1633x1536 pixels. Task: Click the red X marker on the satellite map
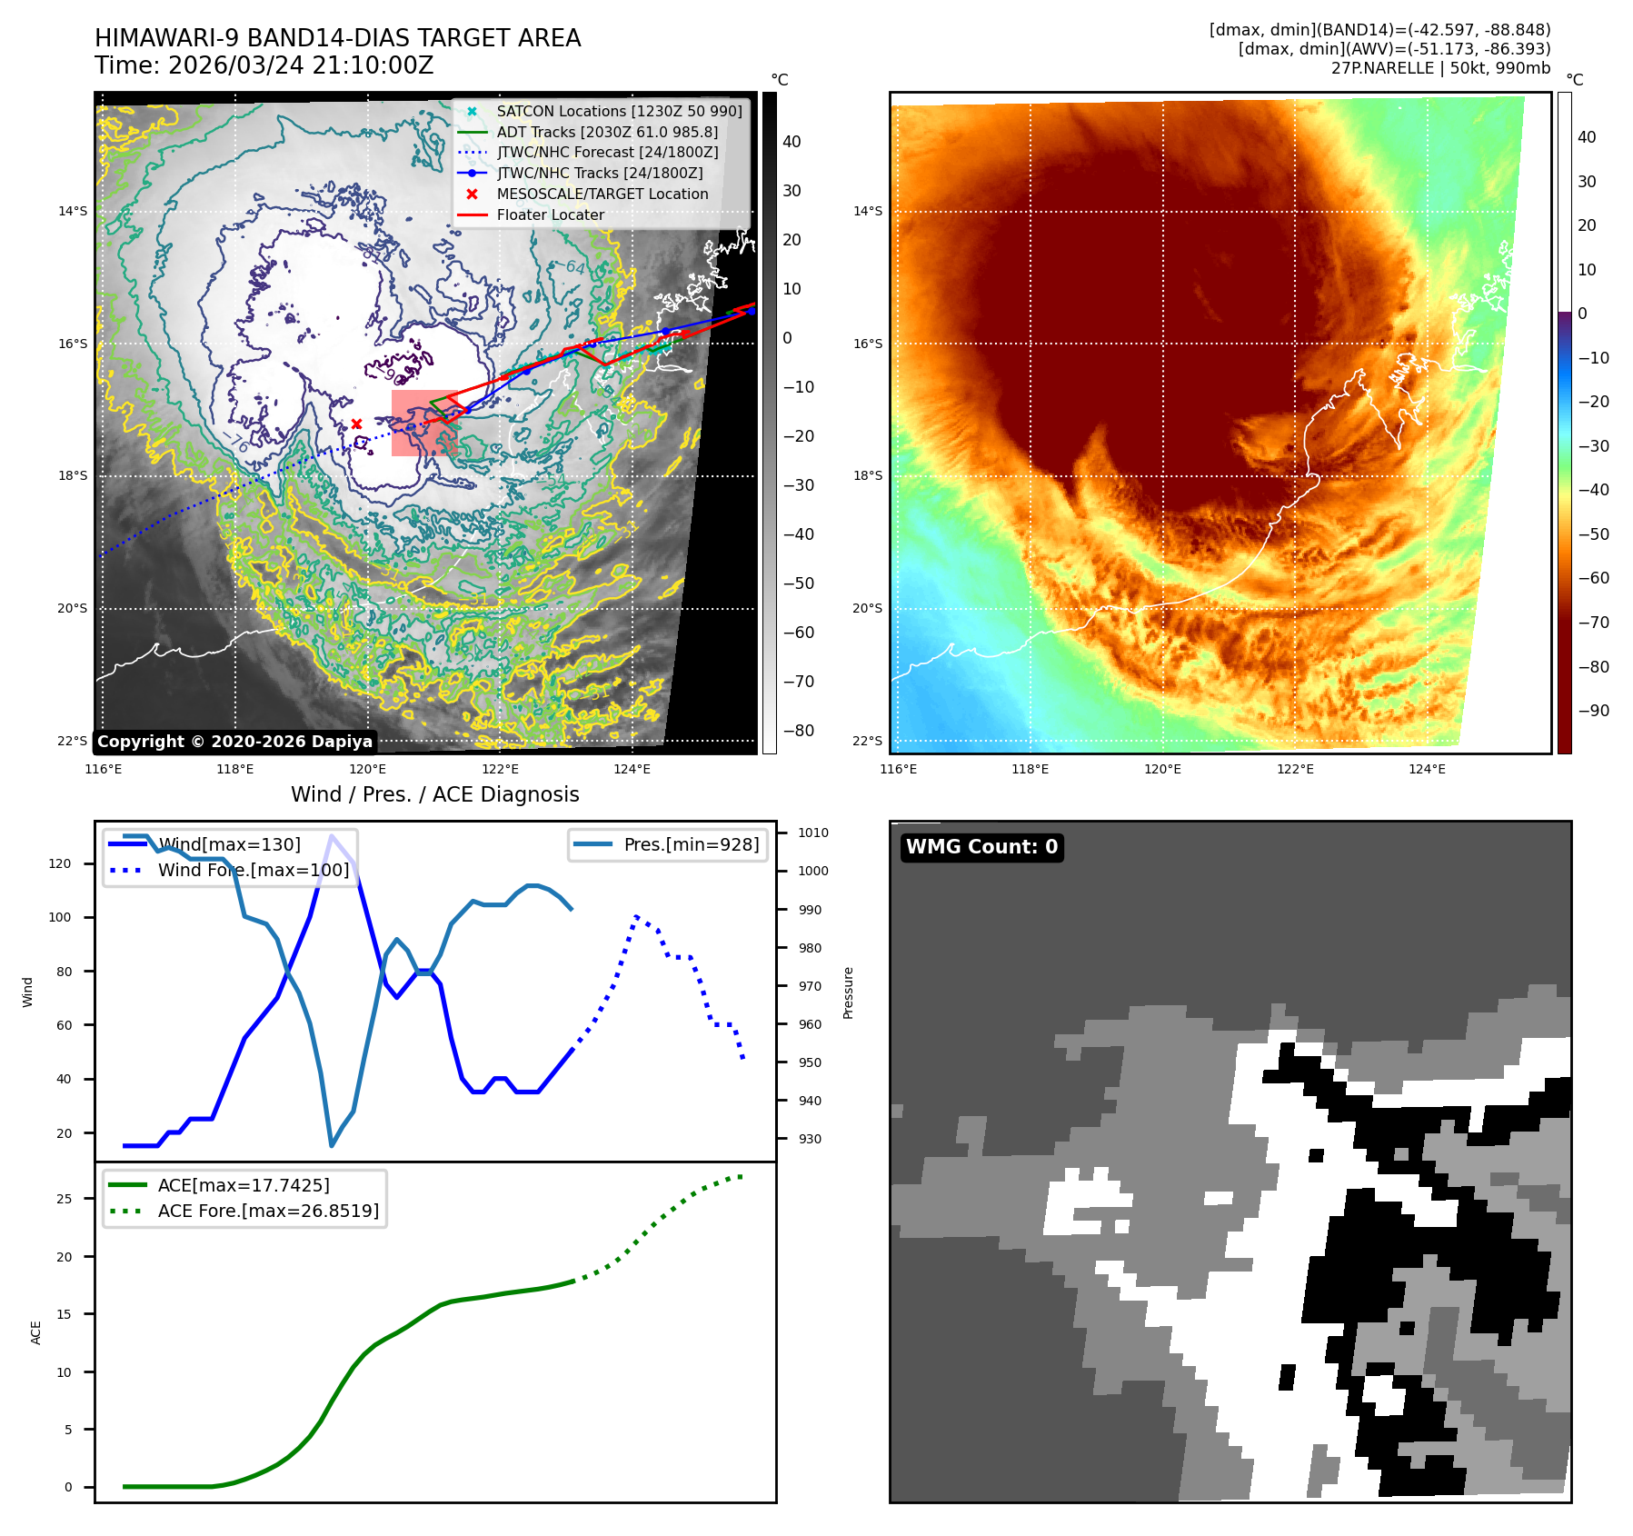pyautogui.click(x=356, y=424)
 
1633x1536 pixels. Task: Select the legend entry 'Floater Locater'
pyautogui.click(x=550, y=215)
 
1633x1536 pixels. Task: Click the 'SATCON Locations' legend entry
pyautogui.click(x=619, y=111)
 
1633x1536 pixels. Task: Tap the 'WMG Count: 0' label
pyautogui.click(x=981, y=847)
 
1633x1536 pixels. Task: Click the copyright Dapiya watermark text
pyautogui.click(x=234, y=742)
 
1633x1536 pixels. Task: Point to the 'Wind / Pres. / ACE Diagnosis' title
pyautogui.click(x=434, y=794)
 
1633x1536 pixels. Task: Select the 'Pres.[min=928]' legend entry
pyautogui.click(x=691, y=844)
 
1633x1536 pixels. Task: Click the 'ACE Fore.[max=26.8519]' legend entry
pyautogui.click(x=268, y=1211)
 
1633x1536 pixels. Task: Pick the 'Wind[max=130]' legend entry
pyautogui.click(x=229, y=844)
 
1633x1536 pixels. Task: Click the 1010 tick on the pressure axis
pyautogui.click(x=813, y=833)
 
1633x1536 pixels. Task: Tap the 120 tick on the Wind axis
pyautogui.click(x=60, y=863)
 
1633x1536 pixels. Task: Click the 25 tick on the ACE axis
pyautogui.click(x=64, y=1199)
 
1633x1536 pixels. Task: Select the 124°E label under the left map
pyautogui.click(x=632, y=769)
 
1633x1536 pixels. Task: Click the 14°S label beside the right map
pyautogui.click(x=867, y=211)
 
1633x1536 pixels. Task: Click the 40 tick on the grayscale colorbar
pyautogui.click(x=792, y=142)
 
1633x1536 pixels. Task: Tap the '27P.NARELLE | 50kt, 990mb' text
pyautogui.click(x=1440, y=68)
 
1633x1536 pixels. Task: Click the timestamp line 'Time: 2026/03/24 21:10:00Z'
pyautogui.click(x=264, y=65)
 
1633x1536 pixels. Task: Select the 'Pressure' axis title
pyautogui.click(x=848, y=992)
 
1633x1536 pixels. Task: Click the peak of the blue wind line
pyautogui.click(x=332, y=835)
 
